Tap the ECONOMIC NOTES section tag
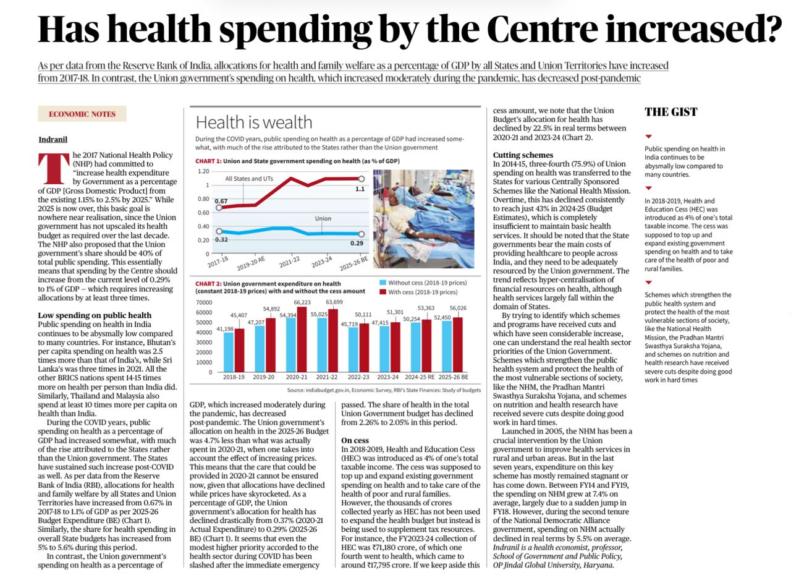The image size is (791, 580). point(82,114)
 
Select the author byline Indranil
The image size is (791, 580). point(53,140)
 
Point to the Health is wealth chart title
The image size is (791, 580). point(254,122)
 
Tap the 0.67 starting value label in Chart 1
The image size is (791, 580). point(221,201)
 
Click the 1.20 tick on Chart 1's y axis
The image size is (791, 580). point(203,171)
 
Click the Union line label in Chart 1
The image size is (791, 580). point(323,219)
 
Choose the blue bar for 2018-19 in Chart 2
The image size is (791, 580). point(229,352)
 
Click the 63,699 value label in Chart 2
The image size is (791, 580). point(334,302)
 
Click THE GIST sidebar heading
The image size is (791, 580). point(670,112)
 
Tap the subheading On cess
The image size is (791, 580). point(356,440)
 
